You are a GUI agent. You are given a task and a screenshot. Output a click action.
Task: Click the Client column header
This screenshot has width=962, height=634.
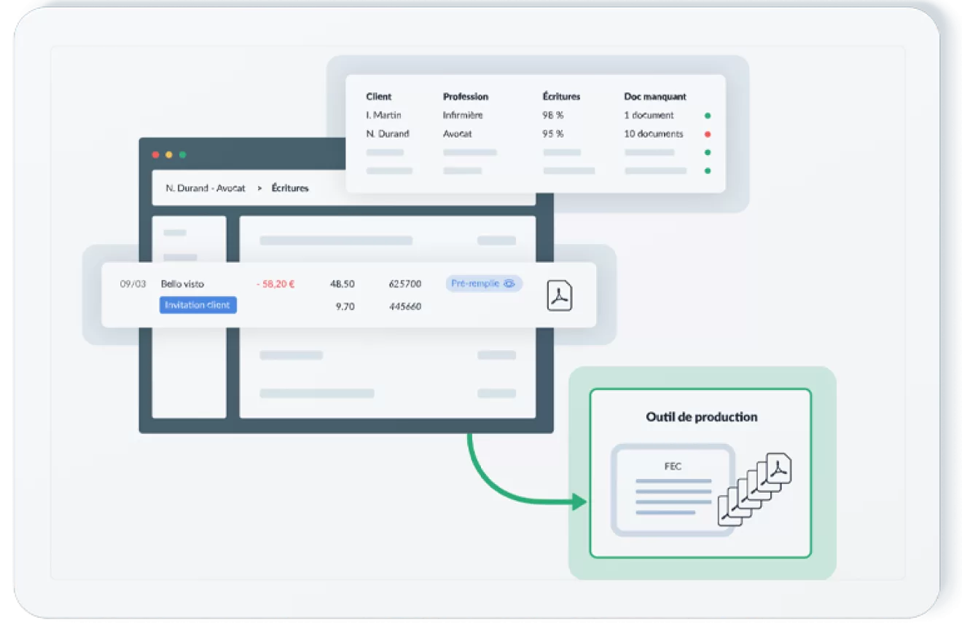[378, 97]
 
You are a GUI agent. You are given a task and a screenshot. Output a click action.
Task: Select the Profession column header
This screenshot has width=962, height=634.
[466, 97]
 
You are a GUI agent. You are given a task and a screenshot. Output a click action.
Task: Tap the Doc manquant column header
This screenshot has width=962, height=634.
[655, 97]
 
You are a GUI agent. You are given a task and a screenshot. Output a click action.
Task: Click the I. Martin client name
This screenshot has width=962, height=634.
[383, 115]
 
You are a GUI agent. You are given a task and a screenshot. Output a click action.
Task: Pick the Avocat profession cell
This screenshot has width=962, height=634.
[458, 134]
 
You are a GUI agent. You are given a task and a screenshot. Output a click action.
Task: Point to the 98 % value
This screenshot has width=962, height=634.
[552, 115]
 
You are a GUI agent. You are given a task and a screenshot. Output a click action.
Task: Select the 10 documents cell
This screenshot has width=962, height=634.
[653, 134]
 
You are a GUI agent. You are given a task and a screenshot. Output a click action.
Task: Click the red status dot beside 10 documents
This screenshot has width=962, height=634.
[708, 134]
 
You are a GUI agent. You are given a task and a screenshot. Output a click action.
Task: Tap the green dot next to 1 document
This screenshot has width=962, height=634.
[708, 116]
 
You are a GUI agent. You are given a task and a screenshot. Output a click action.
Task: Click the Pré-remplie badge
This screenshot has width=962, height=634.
[484, 284]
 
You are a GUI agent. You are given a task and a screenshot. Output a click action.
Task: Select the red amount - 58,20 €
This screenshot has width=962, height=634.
[275, 284]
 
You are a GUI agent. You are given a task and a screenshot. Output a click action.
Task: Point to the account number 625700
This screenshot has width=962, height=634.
[405, 284]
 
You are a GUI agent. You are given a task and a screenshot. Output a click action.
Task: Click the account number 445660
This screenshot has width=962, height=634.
[405, 306]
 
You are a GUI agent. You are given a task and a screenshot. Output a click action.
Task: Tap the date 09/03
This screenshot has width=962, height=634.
[133, 284]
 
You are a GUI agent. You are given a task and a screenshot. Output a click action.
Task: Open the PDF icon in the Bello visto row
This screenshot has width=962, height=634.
[560, 296]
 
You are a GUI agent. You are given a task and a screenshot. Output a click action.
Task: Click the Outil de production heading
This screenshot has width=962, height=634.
[701, 417]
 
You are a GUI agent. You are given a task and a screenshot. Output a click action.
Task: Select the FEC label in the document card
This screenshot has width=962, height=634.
[673, 467]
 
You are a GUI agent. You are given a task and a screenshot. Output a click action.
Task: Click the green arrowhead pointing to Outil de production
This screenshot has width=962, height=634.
[579, 501]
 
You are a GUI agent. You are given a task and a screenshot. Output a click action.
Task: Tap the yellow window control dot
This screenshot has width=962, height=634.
[169, 155]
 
